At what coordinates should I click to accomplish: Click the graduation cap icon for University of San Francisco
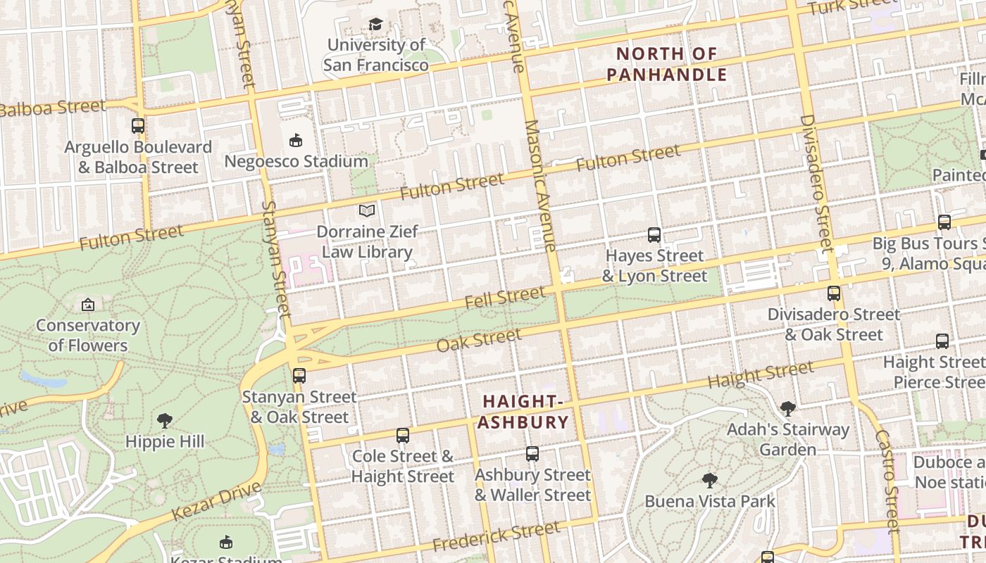coord(375,25)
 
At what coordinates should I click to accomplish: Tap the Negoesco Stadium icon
coord(296,141)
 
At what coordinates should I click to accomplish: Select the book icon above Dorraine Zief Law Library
coord(366,210)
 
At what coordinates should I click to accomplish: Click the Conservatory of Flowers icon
coord(88,305)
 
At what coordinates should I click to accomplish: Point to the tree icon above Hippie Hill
coord(165,421)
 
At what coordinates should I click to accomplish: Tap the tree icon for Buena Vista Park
coord(710,481)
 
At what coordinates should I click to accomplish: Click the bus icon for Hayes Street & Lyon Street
coord(654,235)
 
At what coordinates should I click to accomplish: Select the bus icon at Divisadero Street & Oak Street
coord(834,293)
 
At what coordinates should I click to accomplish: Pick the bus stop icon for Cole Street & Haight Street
coord(403,436)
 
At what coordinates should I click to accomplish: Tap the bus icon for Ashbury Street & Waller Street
coord(532,454)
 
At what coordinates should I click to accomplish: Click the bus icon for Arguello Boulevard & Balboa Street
coord(138,127)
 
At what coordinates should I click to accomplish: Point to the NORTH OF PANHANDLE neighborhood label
coord(666,64)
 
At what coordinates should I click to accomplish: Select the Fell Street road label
coord(505,298)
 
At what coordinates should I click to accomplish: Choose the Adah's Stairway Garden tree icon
coord(788,408)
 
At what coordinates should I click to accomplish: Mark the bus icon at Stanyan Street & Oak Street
coord(299,376)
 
